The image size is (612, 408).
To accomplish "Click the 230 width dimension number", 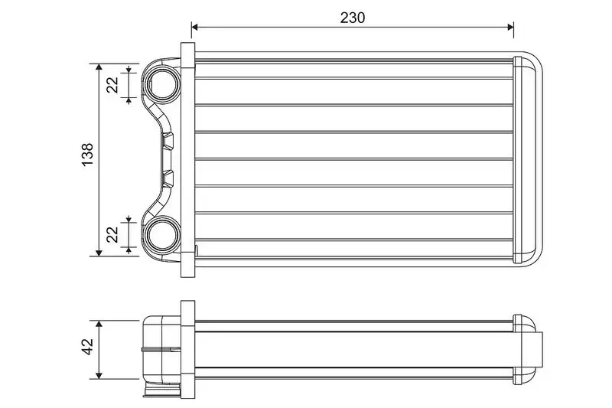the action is pos(353,18).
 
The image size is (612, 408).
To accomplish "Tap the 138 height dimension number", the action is pos(88,154).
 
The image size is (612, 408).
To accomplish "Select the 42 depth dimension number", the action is pos(88,346).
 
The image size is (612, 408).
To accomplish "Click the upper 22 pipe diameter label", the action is pos(112,85).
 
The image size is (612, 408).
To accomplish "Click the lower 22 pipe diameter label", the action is pos(112,234).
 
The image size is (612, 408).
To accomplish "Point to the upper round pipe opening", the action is pos(164,85).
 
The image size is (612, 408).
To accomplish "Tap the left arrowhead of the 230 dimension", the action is pos(195,27).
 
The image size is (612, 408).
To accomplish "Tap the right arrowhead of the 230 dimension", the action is pos(509,27).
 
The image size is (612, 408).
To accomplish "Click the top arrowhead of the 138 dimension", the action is pos(99,67).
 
